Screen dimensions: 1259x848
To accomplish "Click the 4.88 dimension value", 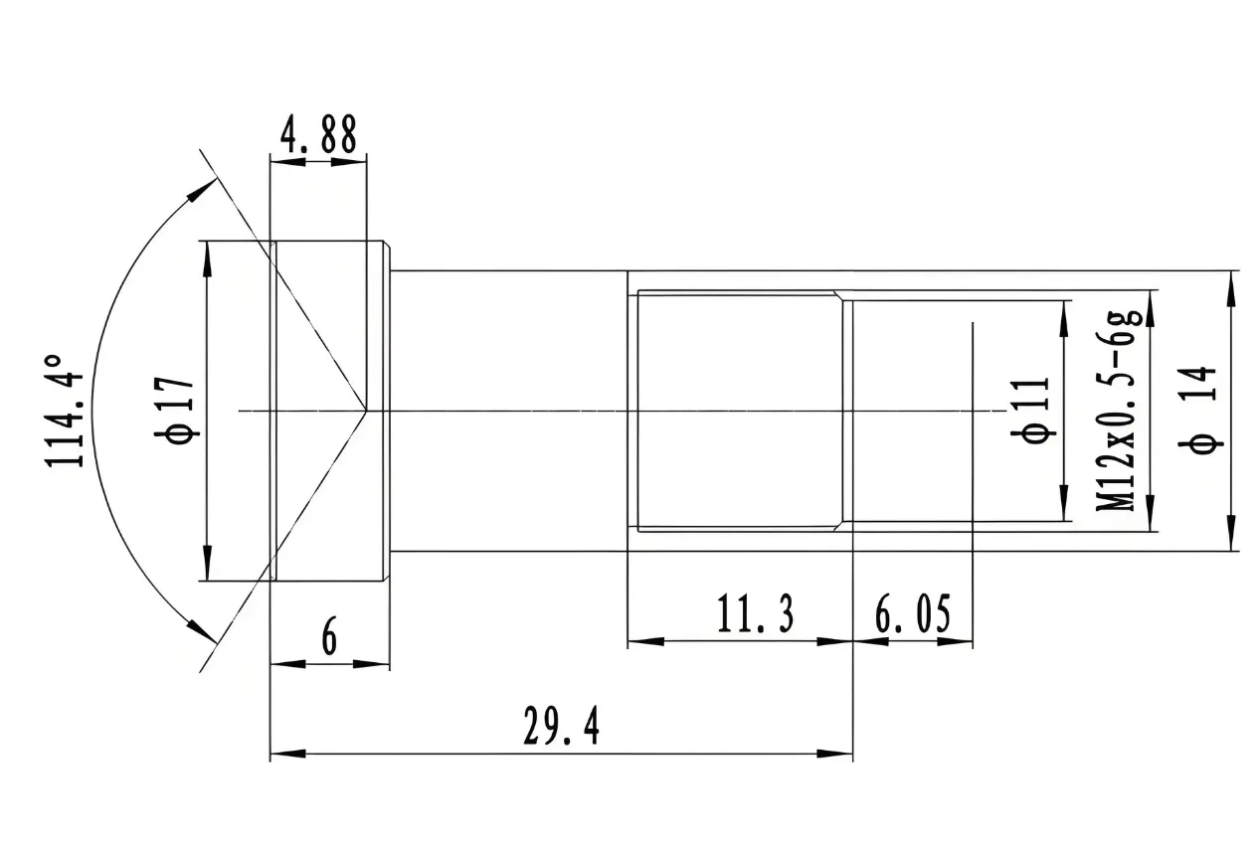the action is pos(318,134).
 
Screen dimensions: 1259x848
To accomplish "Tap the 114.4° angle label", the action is pos(64,411).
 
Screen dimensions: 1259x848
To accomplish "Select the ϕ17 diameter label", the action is pos(175,410).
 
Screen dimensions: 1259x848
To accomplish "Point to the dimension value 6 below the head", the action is pos(329,636).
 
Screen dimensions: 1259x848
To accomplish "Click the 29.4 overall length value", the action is pos(562,726).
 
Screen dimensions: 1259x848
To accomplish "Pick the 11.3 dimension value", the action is pos(755,614).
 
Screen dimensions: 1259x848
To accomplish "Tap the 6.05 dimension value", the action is pos(913,614).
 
